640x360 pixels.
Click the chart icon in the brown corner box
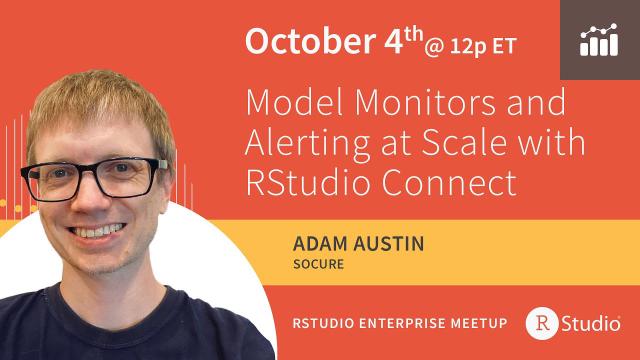[x=599, y=40]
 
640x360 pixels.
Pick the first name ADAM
[x=317, y=243]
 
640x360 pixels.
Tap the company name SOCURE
[x=317, y=265]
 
